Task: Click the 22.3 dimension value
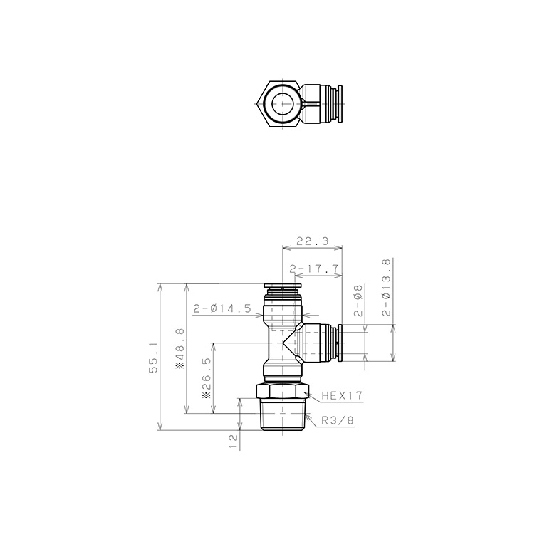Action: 312,241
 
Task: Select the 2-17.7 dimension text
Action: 314,269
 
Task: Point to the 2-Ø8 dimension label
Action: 359,300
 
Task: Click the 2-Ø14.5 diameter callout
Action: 222,308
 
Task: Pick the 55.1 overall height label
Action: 154,358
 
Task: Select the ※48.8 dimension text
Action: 180,348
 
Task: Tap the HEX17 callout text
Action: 342,395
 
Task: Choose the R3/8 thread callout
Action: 338,420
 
